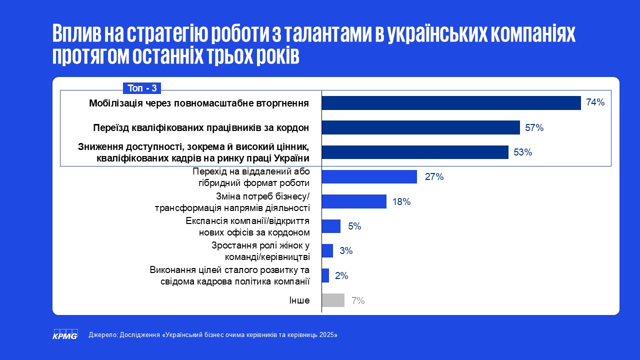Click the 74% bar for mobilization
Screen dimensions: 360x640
point(451,103)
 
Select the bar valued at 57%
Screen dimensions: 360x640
point(420,127)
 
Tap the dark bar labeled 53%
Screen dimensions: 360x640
point(414,152)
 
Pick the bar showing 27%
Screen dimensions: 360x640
point(369,176)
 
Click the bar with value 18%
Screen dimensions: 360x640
point(354,201)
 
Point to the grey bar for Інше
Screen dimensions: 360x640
point(333,300)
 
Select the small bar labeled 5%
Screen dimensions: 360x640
point(331,226)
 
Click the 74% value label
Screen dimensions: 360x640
point(595,103)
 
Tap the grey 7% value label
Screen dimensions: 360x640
point(358,300)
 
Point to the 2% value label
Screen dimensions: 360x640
point(341,275)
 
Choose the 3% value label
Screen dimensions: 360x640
point(346,251)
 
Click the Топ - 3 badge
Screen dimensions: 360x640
point(142,88)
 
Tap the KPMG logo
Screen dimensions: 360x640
point(65,334)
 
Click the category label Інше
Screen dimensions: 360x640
point(299,300)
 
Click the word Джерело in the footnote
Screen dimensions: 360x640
point(103,335)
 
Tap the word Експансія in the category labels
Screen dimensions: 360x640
point(205,221)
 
